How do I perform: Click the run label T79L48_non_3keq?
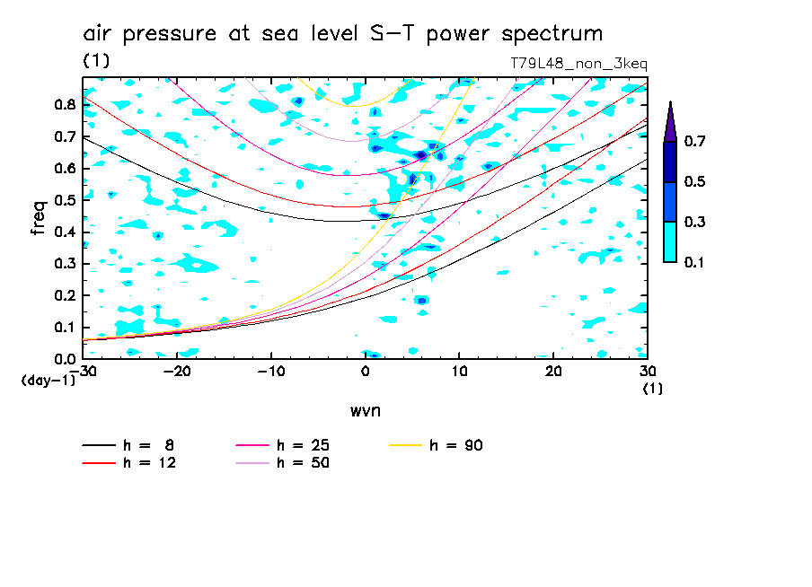coord(578,64)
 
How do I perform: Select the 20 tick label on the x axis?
coord(553,372)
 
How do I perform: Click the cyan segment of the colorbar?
coord(670,241)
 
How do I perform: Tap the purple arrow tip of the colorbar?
coord(670,119)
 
